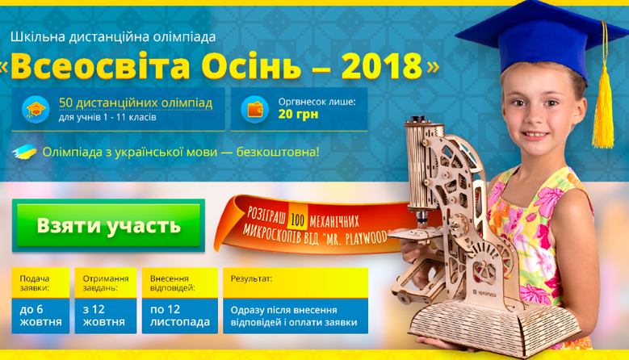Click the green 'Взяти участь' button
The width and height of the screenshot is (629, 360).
[x=108, y=225]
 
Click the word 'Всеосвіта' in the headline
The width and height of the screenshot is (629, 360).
[x=100, y=65]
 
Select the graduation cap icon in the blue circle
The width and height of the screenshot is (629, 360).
[x=36, y=110]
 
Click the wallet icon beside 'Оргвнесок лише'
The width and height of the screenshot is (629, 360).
[x=254, y=110]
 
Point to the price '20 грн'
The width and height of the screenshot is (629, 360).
[x=298, y=115]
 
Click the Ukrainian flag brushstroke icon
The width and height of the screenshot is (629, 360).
[x=24, y=152]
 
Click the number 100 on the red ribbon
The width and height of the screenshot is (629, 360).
[x=297, y=220]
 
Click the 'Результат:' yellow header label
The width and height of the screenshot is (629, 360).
[x=252, y=278]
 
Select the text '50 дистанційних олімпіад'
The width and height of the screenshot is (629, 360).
[x=136, y=103]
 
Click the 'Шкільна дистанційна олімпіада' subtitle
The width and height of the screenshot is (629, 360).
[x=113, y=37]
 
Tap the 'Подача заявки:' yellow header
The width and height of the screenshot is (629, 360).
[x=35, y=283]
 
